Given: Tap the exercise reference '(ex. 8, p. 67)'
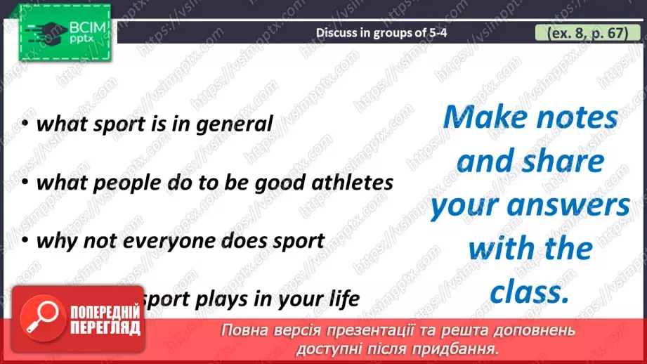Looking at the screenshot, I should tap(582, 32).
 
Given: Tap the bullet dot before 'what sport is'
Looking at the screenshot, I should tap(25, 125).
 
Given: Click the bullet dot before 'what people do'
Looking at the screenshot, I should tap(25, 183).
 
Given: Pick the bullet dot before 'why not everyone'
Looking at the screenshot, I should tap(25, 242).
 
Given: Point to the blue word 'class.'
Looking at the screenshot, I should tap(529, 292).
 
